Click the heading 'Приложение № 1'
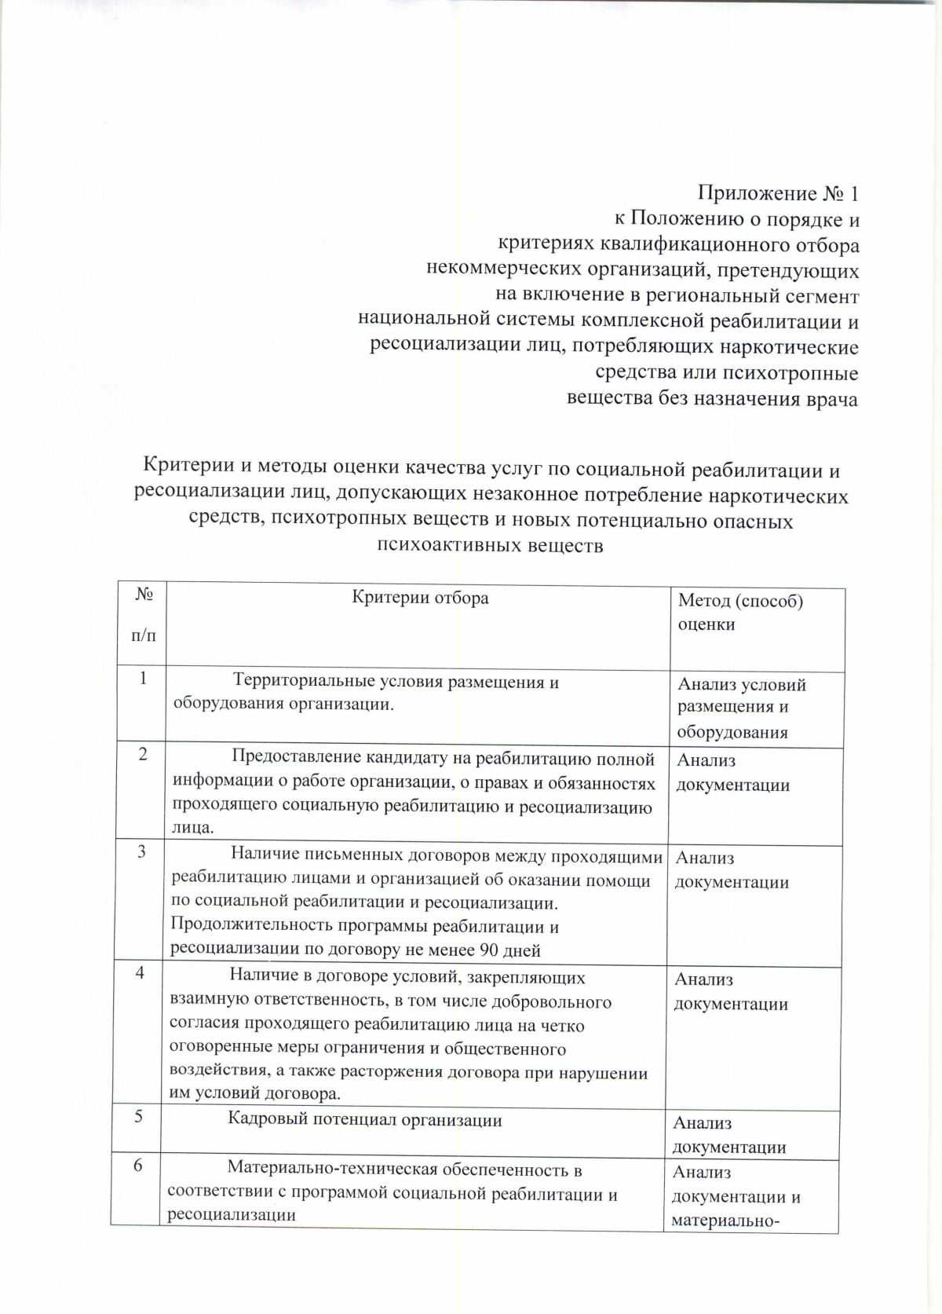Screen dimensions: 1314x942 [x=779, y=193]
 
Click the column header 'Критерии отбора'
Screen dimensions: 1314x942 [x=420, y=598]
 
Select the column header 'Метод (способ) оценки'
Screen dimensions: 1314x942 [x=739, y=613]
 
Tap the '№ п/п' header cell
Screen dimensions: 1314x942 [x=144, y=614]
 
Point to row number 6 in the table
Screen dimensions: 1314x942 [x=137, y=1166]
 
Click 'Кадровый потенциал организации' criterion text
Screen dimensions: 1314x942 [x=365, y=1119]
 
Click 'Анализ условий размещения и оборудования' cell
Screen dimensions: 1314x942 [x=740, y=708]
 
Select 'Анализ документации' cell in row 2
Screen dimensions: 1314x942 [x=732, y=772]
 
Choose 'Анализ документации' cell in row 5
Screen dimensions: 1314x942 [x=729, y=1135]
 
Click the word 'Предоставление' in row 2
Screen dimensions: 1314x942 [x=295, y=759]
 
